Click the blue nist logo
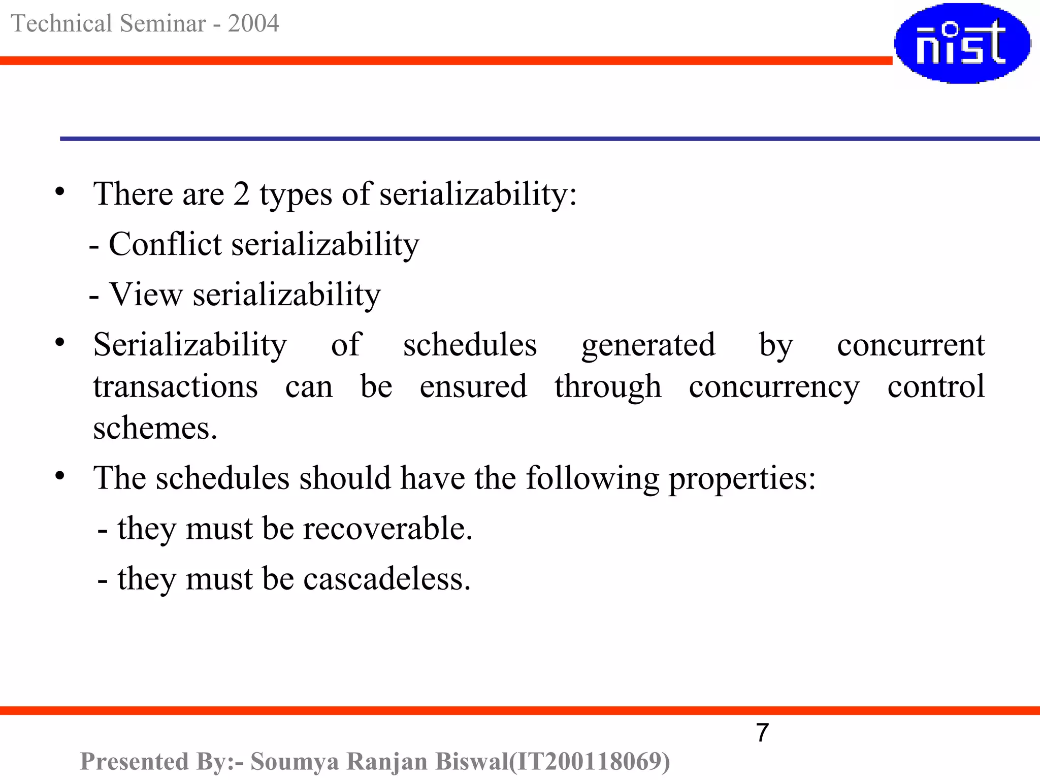point(962,43)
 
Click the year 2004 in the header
point(253,23)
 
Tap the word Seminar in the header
point(163,23)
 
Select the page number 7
point(762,733)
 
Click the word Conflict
point(165,244)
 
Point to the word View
point(146,294)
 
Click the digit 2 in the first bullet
point(241,194)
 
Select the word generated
point(648,345)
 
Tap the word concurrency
point(774,387)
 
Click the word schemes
point(155,428)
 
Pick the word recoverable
point(387,528)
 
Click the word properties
point(741,478)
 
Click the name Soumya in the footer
point(295,761)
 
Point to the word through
point(608,387)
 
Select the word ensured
point(473,387)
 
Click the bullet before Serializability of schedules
point(60,343)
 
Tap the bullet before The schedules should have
point(60,476)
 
